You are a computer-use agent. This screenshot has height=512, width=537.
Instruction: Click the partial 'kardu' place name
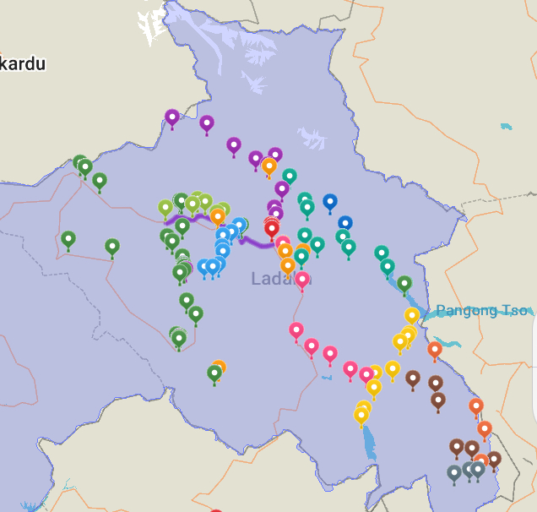(23, 63)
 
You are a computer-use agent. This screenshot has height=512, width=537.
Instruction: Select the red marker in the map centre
(272, 227)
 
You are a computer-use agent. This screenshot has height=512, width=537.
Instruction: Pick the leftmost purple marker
(172, 117)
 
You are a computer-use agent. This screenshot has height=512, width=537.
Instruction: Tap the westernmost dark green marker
(68, 239)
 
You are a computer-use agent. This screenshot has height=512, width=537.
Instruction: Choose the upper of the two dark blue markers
(330, 201)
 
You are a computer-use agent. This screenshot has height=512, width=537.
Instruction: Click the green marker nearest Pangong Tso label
(404, 283)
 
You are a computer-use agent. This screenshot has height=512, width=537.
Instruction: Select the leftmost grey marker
(454, 472)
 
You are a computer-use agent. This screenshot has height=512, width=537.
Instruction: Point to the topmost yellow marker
(412, 315)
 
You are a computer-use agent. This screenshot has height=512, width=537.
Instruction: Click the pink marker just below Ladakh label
(301, 279)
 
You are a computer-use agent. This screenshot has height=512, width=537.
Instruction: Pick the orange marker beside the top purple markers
(269, 166)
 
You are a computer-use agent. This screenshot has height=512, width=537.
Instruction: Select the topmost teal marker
(290, 176)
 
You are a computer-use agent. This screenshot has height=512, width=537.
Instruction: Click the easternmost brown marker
(494, 459)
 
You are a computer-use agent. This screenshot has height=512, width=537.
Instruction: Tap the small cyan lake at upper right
(506, 127)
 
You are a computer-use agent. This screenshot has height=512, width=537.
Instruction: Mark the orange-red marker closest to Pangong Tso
(435, 348)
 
